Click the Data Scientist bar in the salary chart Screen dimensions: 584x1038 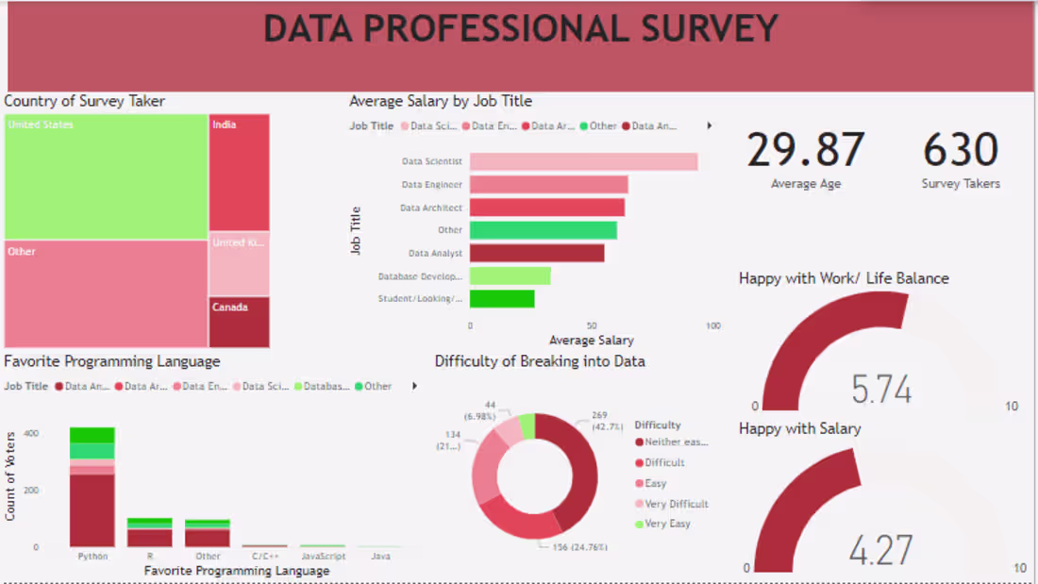tap(583, 161)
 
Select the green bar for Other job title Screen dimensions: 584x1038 tap(543, 230)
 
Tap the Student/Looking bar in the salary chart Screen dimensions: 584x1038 tap(502, 299)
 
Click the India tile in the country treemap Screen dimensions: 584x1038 tap(239, 173)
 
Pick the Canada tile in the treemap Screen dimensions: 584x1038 tap(239, 323)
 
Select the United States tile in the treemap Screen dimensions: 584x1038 tap(106, 176)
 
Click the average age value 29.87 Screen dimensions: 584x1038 tap(806, 151)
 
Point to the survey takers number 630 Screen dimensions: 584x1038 tap(961, 151)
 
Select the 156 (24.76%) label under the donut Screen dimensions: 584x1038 tap(574, 547)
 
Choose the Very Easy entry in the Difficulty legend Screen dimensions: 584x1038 tap(667, 524)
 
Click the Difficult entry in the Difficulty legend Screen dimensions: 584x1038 tap(664, 462)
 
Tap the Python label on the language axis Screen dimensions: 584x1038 tap(92, 557)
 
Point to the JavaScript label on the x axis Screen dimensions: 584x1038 tap(323, 557)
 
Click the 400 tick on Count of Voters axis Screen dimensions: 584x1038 tap(31, 433)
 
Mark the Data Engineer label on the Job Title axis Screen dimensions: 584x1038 tap(432, 185)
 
